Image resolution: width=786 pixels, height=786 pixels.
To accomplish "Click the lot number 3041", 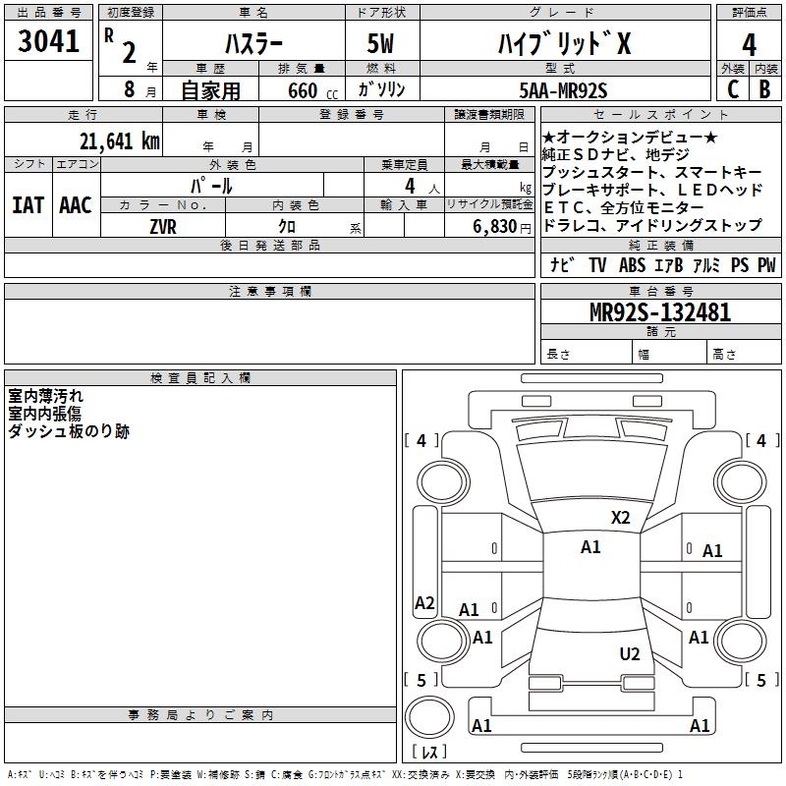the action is (x=48, y=42).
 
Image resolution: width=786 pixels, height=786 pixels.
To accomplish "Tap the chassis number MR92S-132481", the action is (x=659, y=312).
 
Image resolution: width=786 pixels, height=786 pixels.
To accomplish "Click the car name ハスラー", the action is (x=253, y=44).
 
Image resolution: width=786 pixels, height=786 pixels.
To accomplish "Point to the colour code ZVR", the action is (x=164, y=226).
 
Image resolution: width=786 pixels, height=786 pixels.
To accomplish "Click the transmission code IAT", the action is (x=28, y=205).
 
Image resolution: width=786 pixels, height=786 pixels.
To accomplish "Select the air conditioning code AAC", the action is (x=76, y=205).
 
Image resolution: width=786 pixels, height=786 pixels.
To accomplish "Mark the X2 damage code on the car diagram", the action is (x=620, y=517).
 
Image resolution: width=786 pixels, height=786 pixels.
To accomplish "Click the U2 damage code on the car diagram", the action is (x=630, y=654).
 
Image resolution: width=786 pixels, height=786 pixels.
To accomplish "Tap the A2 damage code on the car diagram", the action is (x=424, y=603).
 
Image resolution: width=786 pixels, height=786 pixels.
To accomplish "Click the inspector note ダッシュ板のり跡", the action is (x=69, y=431).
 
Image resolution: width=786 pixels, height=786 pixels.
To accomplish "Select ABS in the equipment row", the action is (x=632, y=265).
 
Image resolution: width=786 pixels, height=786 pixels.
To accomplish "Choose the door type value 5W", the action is (x=383, y=44).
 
